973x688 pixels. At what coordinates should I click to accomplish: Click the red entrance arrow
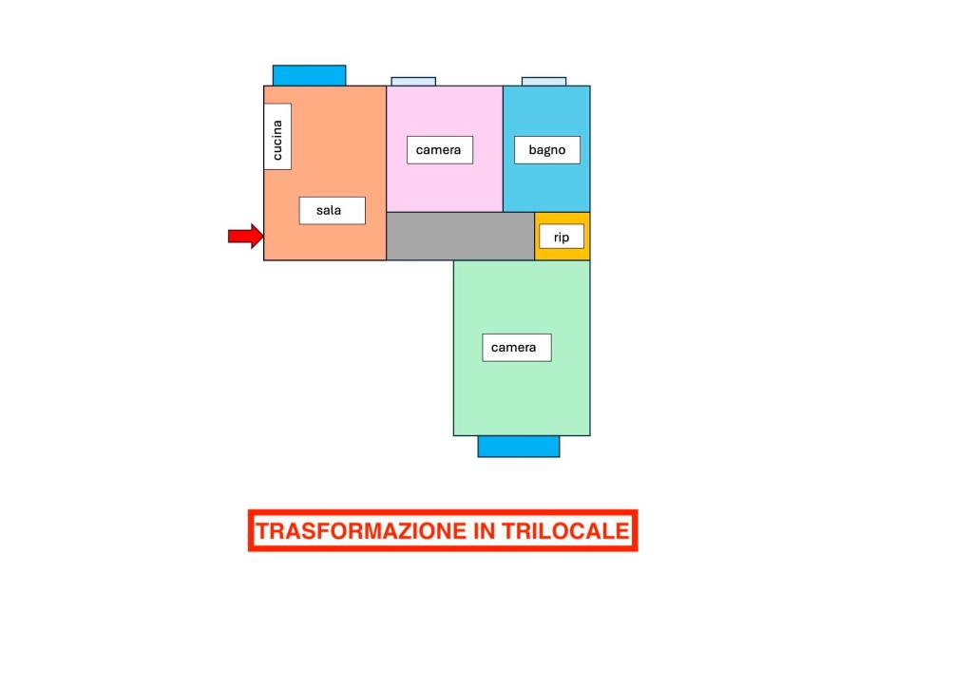coord(246,236)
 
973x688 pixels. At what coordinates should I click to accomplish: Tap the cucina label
coord(277,137)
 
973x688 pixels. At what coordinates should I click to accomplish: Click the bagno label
coord(546,149)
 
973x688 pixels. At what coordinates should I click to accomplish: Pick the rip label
coord(562,237)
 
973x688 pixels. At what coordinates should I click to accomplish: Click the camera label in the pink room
coord(439,150)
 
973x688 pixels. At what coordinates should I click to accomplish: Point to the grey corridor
coord(461,237)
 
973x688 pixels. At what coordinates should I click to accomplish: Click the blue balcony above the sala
coord(309,75)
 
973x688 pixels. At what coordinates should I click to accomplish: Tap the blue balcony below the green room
coord(519,447)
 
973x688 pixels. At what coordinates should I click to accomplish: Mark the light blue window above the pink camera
coord(413,82)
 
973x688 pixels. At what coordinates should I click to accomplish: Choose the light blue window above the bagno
coord(544,82)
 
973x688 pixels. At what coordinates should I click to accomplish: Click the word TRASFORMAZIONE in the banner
coord(361,531)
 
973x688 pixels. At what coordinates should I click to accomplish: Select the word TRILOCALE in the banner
coord(566,531)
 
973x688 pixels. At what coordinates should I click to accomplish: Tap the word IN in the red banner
coord(484,531)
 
